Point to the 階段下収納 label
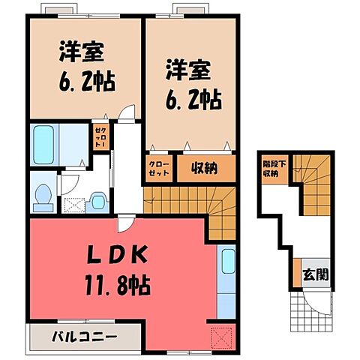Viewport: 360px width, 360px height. pyautogui.click(x=270, y=169)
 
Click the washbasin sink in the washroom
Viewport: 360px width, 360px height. pyautogui.click(x=97, y=199)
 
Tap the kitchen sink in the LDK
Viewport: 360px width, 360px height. pyautogui.click(x=226, y=265)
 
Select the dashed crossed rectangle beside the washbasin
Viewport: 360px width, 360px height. pyautogui.click(x=73, y=202)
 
